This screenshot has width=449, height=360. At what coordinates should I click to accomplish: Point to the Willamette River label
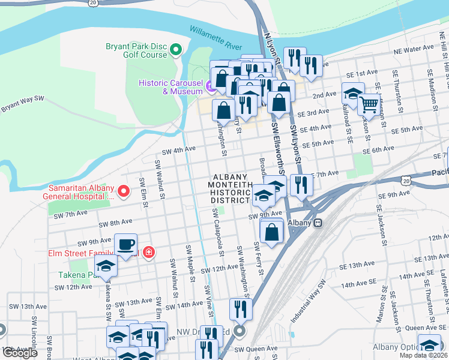[x=215, y=37]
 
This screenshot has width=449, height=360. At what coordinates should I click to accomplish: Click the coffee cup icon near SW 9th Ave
[x=126, y=245]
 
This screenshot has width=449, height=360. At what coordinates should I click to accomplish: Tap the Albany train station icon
[x=319, y=223]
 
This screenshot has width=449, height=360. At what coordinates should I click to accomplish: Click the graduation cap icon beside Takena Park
[x=106, y=266]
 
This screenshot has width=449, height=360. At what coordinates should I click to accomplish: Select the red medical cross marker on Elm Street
[x=148, y=253]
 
